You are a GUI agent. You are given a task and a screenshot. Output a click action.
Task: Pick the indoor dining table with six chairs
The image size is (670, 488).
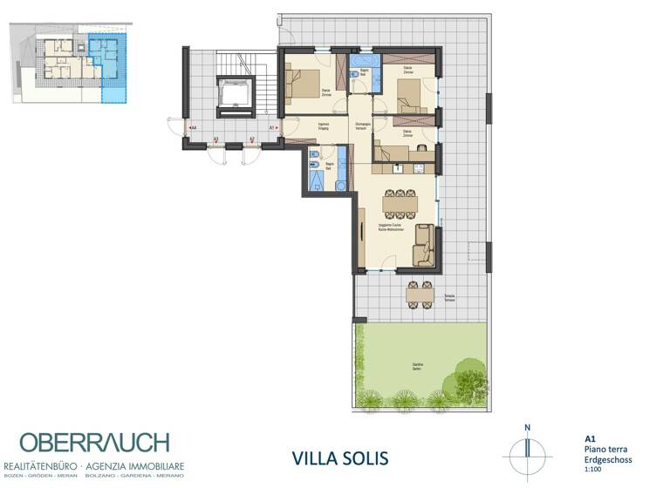click(x=400, y=204)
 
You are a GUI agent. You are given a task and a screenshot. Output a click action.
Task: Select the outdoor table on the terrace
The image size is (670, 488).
click(x=419, y=295)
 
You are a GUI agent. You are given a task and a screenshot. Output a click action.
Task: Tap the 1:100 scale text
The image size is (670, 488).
click(x=593, y=469)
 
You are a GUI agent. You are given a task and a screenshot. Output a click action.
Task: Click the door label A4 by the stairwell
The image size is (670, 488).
click(x=193, y=128)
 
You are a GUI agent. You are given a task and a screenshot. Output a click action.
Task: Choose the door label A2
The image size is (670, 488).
click(x=252, y=139)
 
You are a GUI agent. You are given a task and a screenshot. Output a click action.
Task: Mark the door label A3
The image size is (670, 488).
click(x=215, y=139)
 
